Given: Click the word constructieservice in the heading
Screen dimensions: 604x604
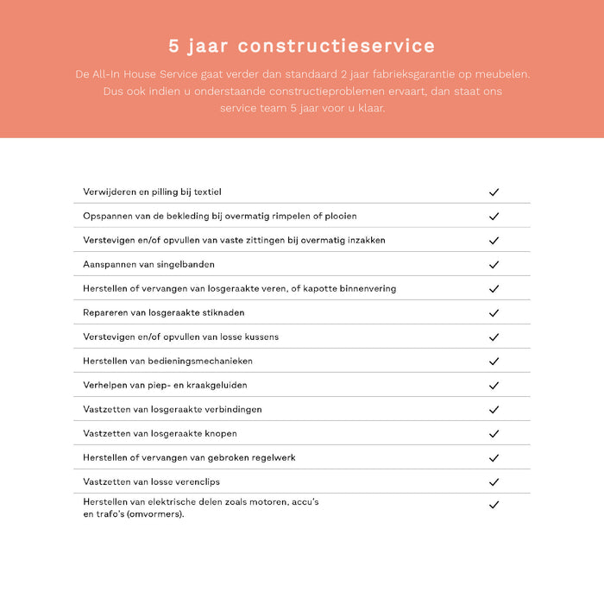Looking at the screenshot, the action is [337, 46].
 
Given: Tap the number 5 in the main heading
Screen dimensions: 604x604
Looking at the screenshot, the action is [174, 46].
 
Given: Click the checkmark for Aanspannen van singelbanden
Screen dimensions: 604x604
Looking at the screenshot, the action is [494, 264].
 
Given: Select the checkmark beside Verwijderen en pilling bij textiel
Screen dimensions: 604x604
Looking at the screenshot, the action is [494, 192].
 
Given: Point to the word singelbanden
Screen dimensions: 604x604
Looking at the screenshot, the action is [186, 264].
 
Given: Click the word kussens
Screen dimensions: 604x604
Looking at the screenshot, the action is [260, 337].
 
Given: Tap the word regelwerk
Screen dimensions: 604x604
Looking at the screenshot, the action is [269, 457].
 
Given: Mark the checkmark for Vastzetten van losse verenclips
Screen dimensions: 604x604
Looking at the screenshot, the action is [494, 481].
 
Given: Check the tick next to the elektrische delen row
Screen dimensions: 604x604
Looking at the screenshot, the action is [494, 505].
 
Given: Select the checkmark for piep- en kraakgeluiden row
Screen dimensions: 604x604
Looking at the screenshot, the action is [494, 385].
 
